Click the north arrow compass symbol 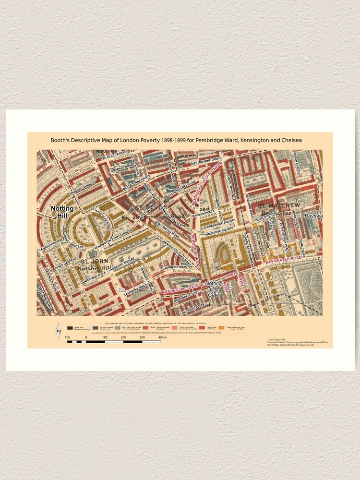(x=59, y=331)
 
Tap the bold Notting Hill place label (x=62, y=212)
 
